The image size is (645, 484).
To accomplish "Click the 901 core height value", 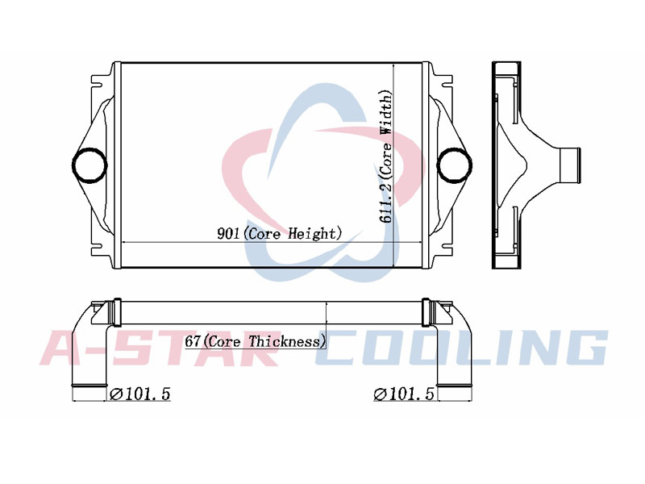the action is click(x=228, y=234).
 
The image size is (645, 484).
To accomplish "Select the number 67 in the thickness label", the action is click(x=192, y=341).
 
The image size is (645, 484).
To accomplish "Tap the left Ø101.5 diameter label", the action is click(x=139, y=394).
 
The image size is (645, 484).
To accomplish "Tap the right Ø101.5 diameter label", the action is click(x=404, y=394).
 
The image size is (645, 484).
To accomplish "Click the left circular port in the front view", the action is click(x=89, y=165).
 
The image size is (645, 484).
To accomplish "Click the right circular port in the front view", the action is click(x=454, y=165).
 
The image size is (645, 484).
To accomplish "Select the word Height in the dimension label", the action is click(x=312, y=234).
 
